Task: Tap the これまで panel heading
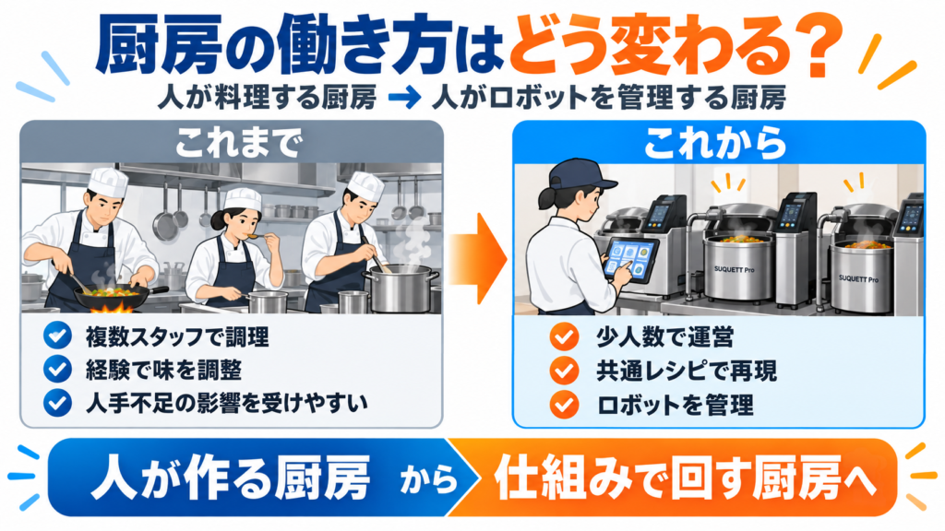click(237, 143)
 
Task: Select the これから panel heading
click(715, 143)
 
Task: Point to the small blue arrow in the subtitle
click(404, 98)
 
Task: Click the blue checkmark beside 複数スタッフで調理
click(58, 336)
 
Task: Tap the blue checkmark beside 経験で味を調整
click(58, 370)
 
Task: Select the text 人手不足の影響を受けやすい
click(227, 403)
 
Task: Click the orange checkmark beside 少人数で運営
click(565, 337)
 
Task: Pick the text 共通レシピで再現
click(687, 371)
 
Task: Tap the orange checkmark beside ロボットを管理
click(565, 405)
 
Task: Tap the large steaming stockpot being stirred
click(401, 288)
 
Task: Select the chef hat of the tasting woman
click(243, 199)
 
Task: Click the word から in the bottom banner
click(428, 480)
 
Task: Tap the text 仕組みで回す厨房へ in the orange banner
click(685, 479)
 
